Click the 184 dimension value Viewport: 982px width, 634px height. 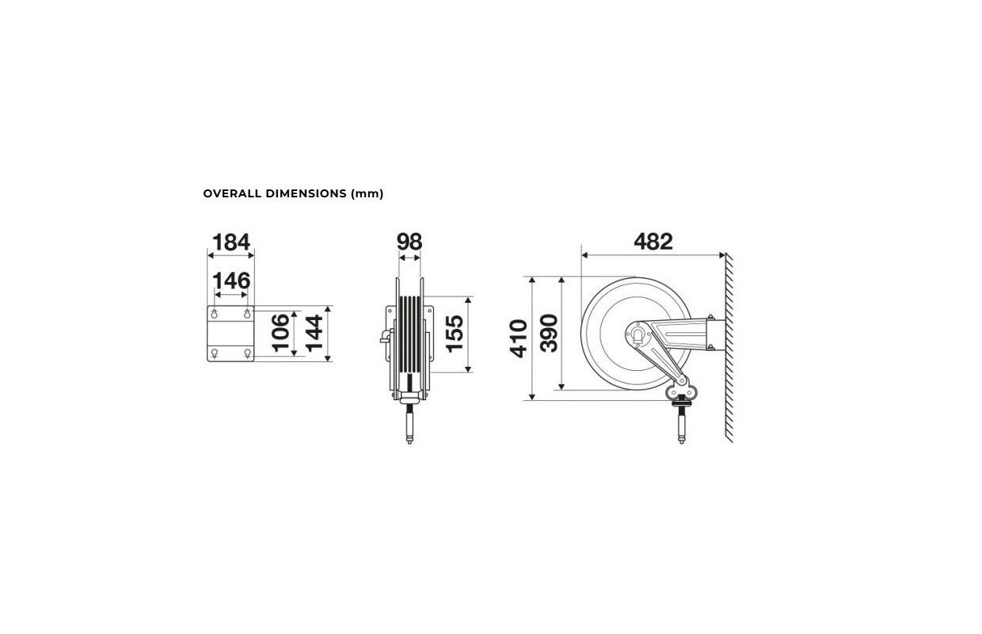(x=231, y=243)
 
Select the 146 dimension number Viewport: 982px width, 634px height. (x=231, y=281)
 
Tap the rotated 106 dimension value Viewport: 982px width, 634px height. (x=281, y=333)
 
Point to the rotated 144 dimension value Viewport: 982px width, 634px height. (x=314, y=333)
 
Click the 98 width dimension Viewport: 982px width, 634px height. (x=409, y=242)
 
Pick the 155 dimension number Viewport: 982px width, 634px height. (x=455, y=334)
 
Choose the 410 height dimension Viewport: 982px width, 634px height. (x=519, y=338)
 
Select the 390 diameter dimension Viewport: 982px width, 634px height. (x=549, y=334)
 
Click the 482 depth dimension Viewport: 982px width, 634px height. (x=653, y=242)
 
